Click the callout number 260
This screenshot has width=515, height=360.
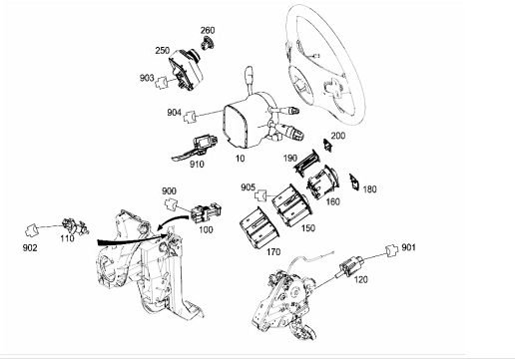click(208, 30)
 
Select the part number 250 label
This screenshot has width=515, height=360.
click(163, 51)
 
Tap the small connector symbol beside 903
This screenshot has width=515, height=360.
click(162, 82)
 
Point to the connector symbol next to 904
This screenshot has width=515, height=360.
click(190, 117)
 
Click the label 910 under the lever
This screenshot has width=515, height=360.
click(197, 164)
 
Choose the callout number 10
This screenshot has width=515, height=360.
click(240, 159)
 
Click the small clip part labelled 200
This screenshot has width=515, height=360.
click(328, 146)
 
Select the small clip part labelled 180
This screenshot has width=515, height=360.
click(354, 182)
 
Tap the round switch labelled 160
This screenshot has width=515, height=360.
click(322, 181)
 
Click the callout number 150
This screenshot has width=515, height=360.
click(308, 228)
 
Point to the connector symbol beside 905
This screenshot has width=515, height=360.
click(261, 195)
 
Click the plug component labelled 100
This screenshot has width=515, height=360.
click(207, 211)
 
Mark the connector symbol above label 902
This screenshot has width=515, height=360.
click(32, 229)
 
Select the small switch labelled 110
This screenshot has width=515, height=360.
click(76, 225)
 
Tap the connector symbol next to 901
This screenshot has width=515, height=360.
click(392, 250)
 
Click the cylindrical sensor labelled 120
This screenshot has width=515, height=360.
click(349, 266)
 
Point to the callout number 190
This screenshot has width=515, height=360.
click(290, 159)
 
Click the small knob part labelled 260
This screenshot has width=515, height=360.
click(208, 43)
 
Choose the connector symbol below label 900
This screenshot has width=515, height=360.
click(172, 203)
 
